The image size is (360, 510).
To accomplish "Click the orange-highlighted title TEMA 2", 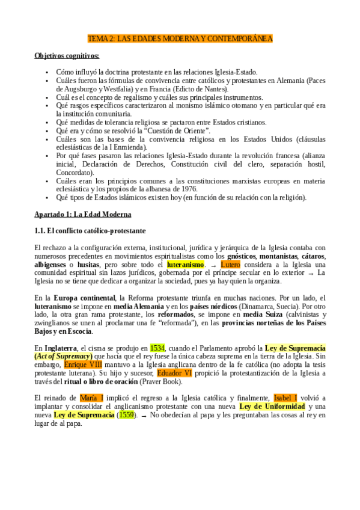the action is tap(180, 39).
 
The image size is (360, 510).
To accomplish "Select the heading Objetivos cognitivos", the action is tap(67, 56).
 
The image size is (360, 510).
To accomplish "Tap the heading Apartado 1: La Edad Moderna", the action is tap(83, 214).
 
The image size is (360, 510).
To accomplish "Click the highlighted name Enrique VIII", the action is tap(83, 364).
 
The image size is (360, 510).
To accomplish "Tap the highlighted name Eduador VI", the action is tap(174, 373).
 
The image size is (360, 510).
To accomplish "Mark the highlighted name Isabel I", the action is tap(285, 381).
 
